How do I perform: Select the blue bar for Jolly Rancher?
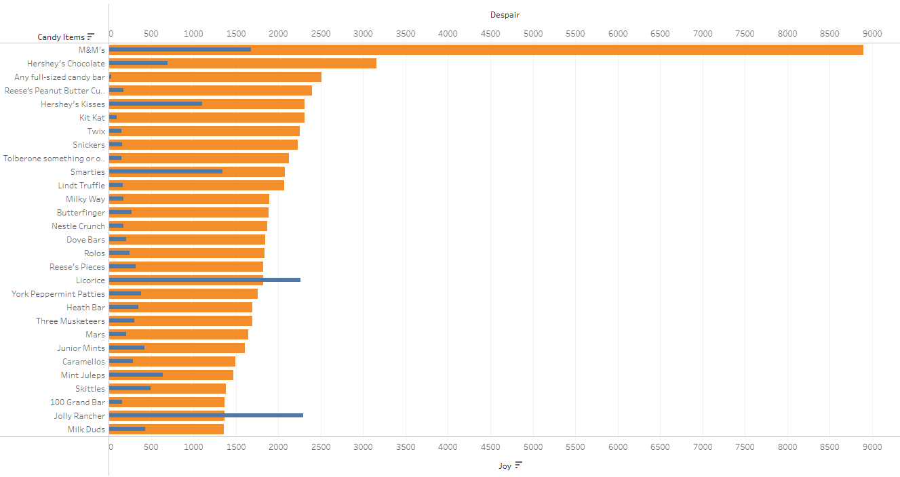206,415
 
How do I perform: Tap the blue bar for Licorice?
205,280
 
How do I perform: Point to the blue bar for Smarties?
166,171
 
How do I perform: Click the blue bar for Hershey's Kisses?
156,104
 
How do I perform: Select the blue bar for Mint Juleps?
136,375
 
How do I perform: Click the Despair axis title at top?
505,15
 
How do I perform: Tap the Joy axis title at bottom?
505,466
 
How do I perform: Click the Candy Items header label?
61,37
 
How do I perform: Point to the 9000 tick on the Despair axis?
872,33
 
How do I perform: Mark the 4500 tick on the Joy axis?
490,447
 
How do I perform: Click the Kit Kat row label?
92,118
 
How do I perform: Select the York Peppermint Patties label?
58,294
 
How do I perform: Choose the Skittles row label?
90,389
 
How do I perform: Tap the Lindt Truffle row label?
81,186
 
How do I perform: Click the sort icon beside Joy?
519,465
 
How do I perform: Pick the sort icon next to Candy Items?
91,37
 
